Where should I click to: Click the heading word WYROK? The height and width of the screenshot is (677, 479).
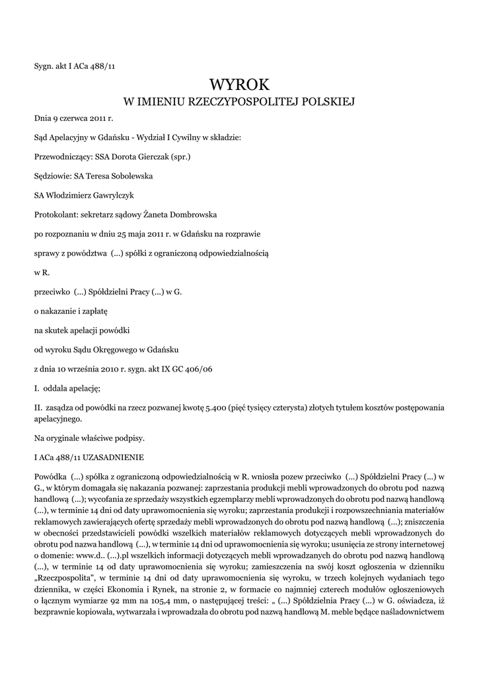tap(239, 84)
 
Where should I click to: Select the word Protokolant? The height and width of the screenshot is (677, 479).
tap(55, 215)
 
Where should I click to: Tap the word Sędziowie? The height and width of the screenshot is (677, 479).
tap(54, 177)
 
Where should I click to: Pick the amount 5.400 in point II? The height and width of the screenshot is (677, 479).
tap(210, 409)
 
